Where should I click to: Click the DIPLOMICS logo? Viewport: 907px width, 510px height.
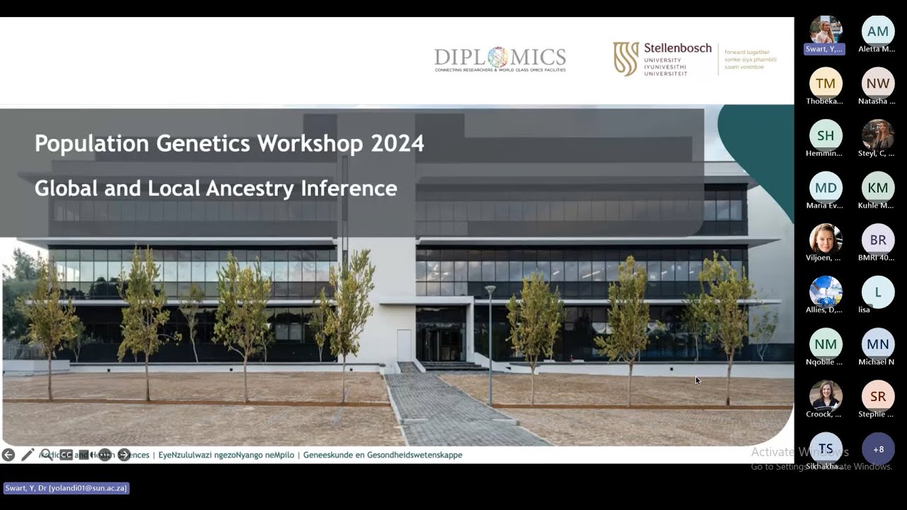(x=500, y=59)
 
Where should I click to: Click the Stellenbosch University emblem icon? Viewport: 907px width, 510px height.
(x=626, y=59)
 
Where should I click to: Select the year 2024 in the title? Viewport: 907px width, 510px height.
(x=398, y=144)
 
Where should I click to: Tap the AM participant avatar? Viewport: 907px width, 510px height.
(x=878, y=31)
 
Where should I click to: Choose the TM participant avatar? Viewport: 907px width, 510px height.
(x=826, y=84)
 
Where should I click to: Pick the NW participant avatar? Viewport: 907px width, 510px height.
(x=878, y=84)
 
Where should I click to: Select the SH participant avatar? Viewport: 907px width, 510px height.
(x=826, y=135)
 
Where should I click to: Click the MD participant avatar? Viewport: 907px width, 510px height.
(x=826, y=188)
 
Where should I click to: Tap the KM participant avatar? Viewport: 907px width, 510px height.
(x=878, y=188)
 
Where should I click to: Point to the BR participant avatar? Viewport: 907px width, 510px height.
(x=878, y=239)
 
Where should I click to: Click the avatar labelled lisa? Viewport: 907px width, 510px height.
(x=878, y=292)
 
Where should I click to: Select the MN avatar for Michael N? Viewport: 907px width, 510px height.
(x=878, y=344)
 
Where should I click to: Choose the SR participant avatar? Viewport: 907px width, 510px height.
(x=878, y=396)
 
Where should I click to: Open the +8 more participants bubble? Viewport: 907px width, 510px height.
(x=878, y=449)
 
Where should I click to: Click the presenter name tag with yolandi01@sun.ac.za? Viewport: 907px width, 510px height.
(x=66, y=488)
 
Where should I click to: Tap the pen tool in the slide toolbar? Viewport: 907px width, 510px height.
(x=28, y=455)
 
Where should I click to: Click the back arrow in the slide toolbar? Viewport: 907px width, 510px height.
(x=9, y=455)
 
